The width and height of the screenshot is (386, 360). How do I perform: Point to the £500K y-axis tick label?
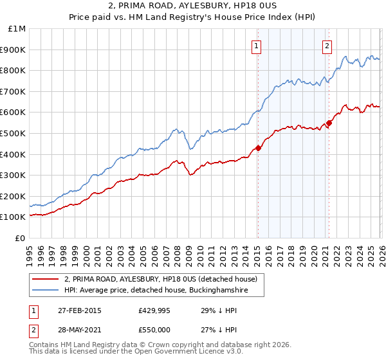[15, 133]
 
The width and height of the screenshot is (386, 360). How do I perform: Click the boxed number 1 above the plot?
[257, 45]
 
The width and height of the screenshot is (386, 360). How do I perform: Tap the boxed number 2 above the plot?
[327, 45]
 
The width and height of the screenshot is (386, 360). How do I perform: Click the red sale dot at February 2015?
[258, 148]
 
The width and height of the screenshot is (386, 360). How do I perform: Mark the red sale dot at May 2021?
[329, 123]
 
